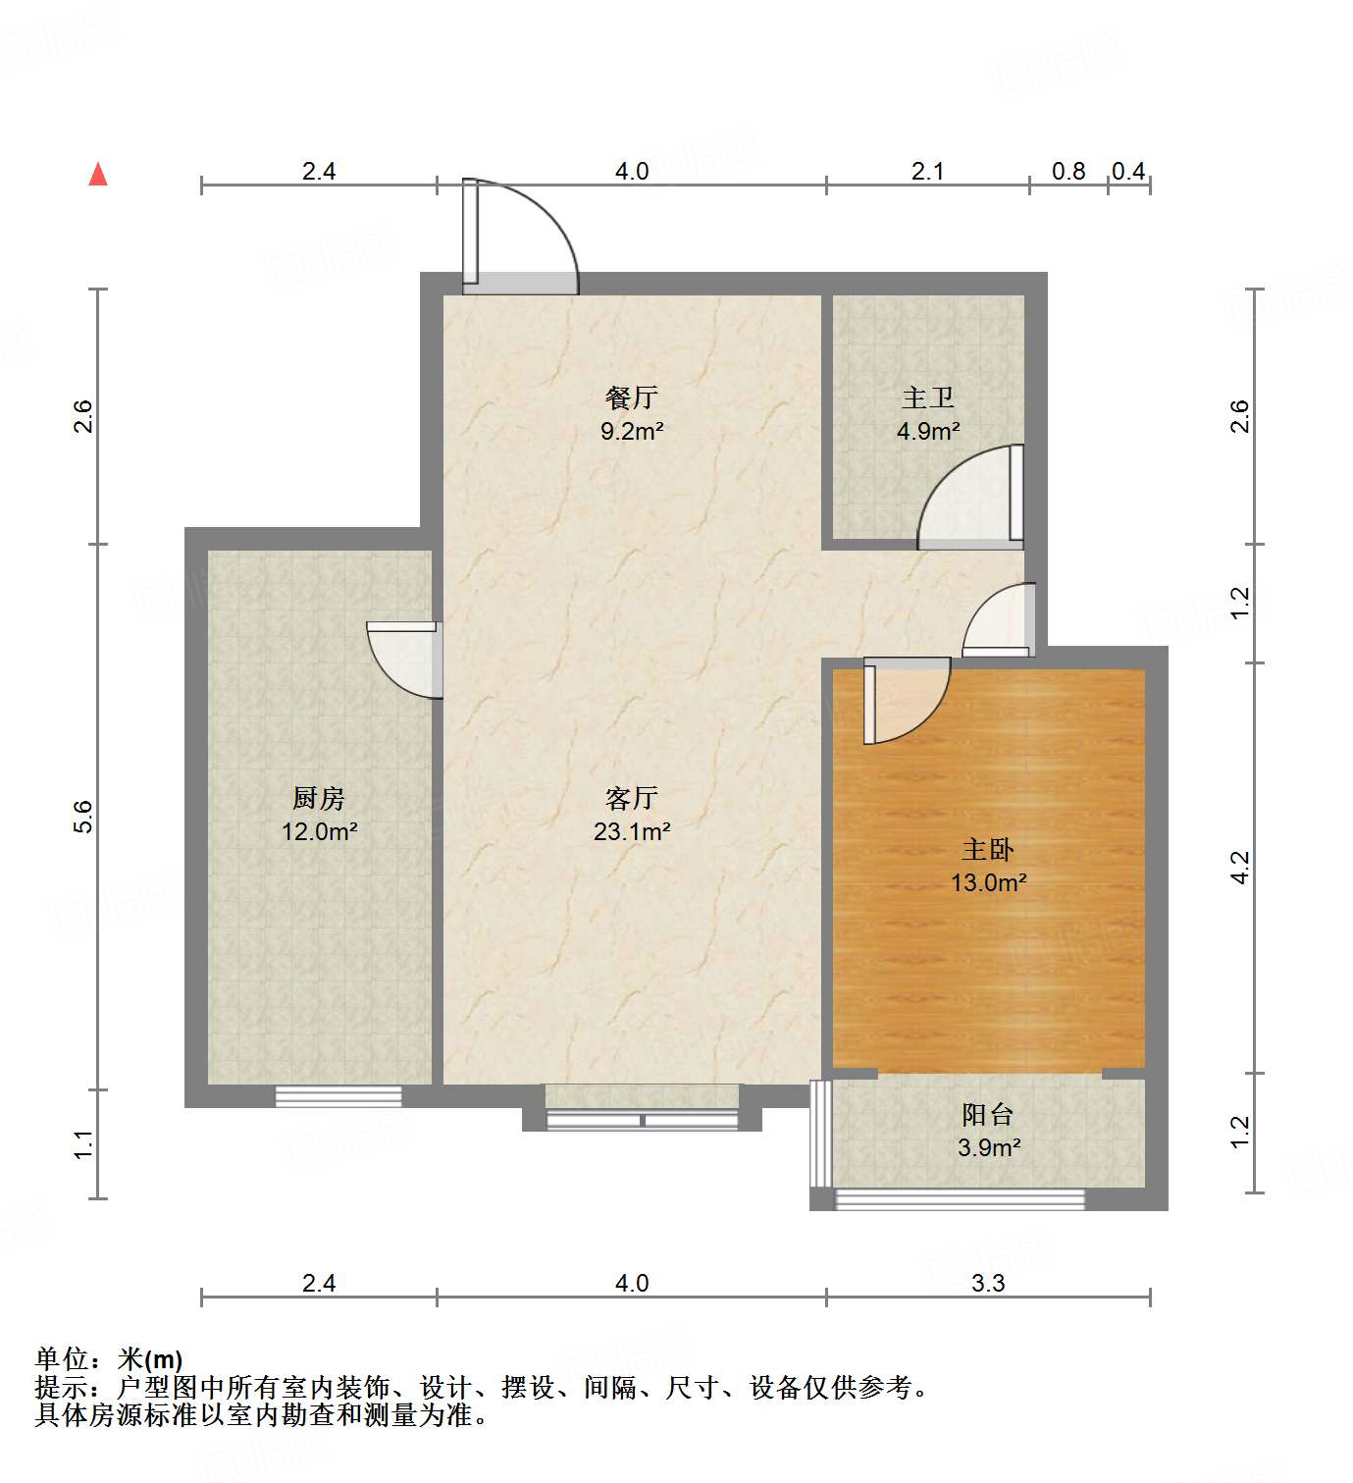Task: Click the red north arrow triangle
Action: click(98, 175)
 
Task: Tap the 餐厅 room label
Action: click(632, 397)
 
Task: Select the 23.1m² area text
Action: click(632, 832)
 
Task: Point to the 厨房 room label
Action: click(319, 798)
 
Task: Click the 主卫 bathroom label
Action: click(927, 397)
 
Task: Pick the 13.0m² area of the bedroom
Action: click(988, 882)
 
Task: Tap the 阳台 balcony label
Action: click(988, 1114)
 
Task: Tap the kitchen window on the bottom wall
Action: click(338, 1096)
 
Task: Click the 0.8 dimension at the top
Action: click(1068, 171)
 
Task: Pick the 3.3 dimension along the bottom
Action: click(988, 1283)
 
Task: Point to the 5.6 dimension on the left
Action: click(84, 817)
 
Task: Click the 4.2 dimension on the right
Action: click(1240, 868)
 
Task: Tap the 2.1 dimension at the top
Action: click(927, 171)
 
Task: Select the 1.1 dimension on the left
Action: click(84, 1144)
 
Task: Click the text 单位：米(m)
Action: click(109, 1358)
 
